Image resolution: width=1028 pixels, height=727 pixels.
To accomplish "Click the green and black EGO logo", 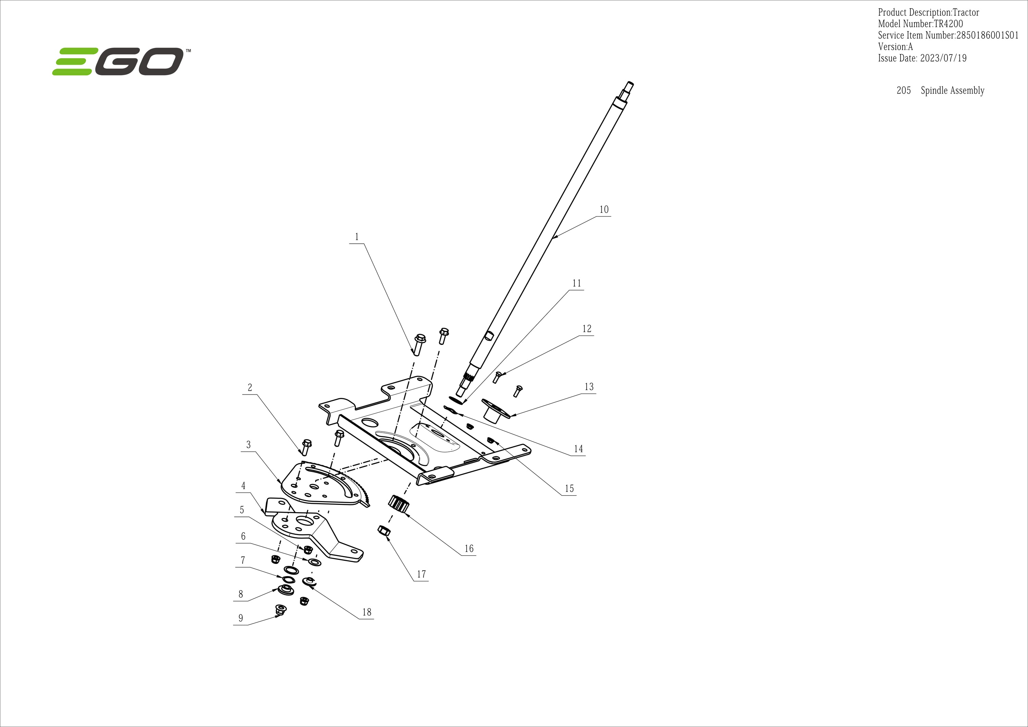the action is [x=121, y=61].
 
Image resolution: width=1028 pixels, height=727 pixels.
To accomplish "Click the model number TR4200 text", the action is [x=948, y=24].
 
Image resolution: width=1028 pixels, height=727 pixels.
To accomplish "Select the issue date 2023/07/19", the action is [x=943, y=58].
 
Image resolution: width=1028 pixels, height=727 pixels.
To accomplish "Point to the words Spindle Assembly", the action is [x=952, y=90].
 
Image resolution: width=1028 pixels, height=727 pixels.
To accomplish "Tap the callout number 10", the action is [x=604, y=209].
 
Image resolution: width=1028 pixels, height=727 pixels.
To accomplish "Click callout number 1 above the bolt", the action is [x=357, y=237].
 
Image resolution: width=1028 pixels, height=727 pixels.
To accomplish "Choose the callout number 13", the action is [x=589, y=387].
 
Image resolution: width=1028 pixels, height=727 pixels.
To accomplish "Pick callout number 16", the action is [x=469, y=549].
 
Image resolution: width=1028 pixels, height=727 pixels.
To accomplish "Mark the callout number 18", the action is [x=367, y=612].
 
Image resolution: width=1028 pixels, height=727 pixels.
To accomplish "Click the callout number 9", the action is [x=241, y=618].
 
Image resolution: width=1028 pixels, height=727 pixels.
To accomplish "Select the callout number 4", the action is [x=243, y=486].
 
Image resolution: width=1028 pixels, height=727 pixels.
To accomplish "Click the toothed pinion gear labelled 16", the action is [x=399, y=504].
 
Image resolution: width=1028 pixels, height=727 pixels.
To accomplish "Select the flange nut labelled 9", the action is [x=281, y=610].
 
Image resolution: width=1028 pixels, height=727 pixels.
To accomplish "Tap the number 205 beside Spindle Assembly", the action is [x=904, y=90].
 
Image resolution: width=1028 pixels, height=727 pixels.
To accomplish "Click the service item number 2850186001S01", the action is [x=987, y=35].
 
